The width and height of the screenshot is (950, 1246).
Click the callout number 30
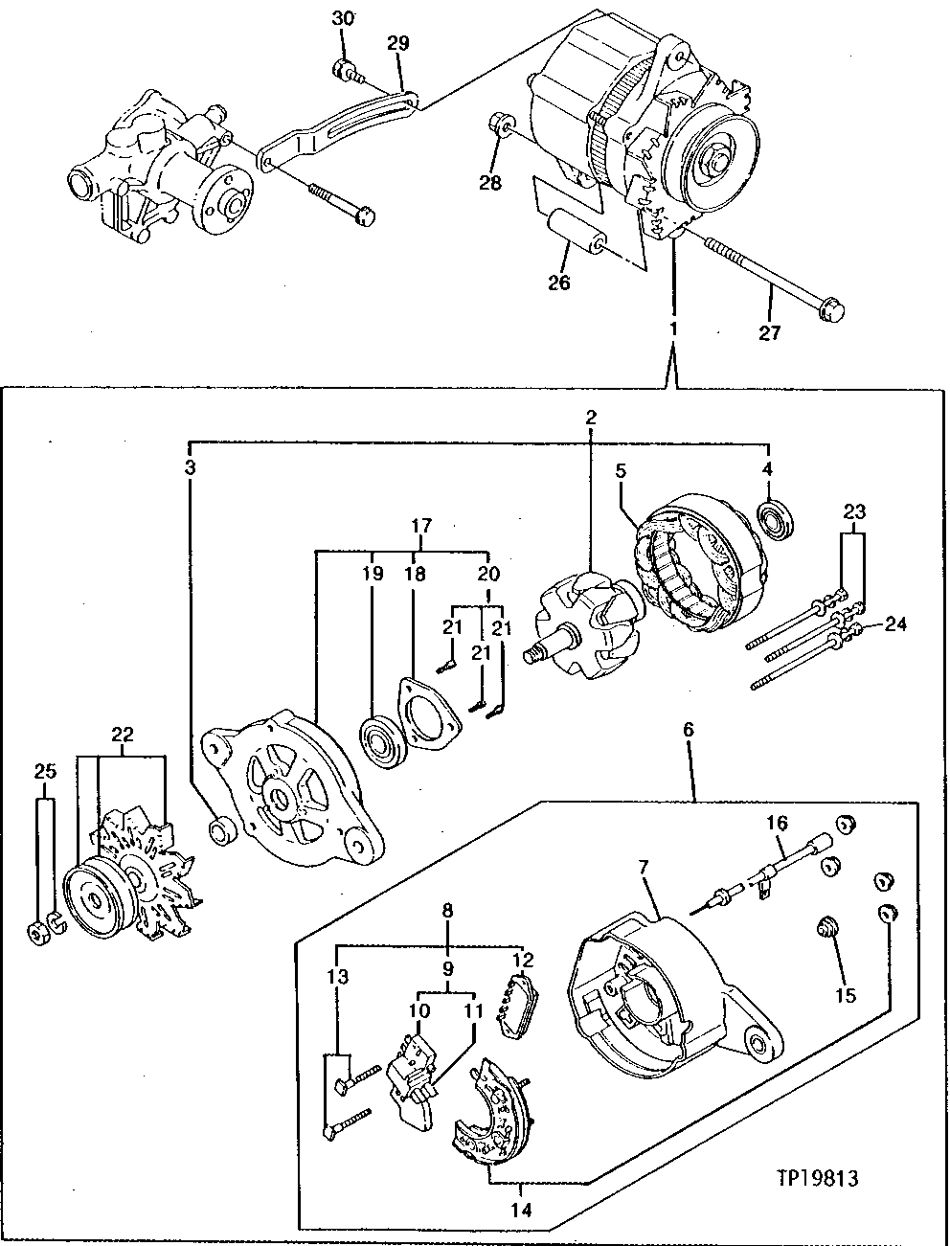342,19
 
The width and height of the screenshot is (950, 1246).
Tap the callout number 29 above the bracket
397,43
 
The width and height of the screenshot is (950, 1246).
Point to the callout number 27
769,332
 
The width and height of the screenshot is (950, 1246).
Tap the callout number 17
420,526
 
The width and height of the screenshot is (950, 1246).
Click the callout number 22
122,735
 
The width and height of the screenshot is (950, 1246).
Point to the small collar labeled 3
220,830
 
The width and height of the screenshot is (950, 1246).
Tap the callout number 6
689,729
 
